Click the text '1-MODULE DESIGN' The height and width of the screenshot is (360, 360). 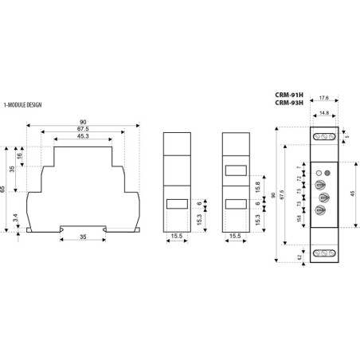click(x=25, y=104)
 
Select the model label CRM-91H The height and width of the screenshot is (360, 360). click(x=288, y=93)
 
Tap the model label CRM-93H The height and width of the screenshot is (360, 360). click(x=288, y=102)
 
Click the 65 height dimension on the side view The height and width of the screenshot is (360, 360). click(x=6, y=190)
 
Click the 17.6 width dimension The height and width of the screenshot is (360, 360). click(x=323, y=100)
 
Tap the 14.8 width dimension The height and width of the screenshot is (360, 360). click(x=323, y=113)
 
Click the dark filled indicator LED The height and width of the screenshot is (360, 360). click(x=327, y=173)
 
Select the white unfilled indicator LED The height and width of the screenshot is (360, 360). click(x=318, y=173)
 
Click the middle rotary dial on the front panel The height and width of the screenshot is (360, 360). click(x=323, y=198)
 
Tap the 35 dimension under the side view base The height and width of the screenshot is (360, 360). click(x=83, y=237)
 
